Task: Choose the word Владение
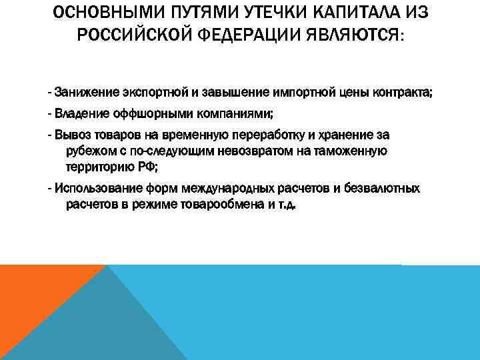click(78, 113)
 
